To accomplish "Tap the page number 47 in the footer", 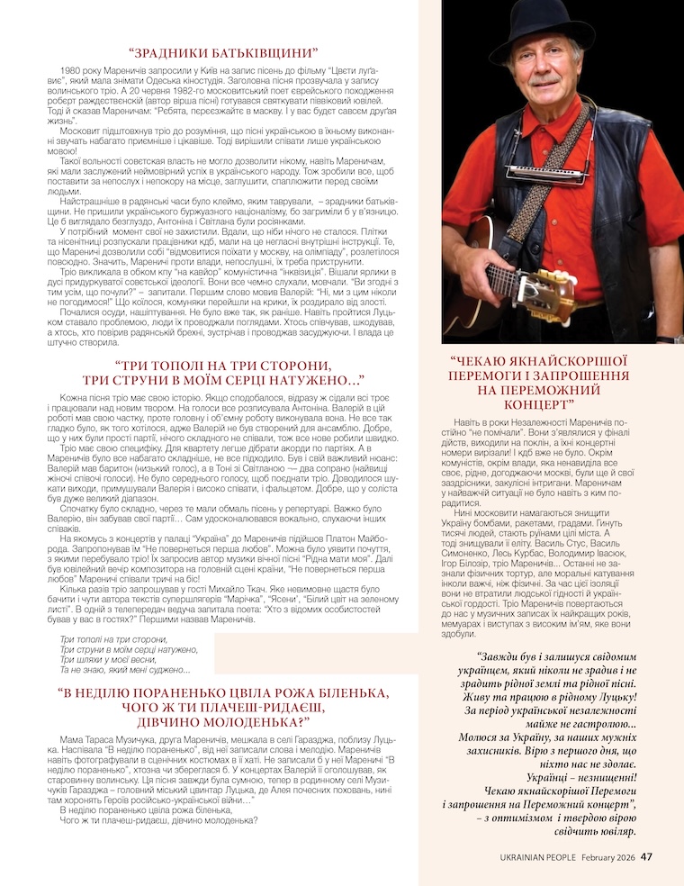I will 646,857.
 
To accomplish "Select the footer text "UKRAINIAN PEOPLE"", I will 538,857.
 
